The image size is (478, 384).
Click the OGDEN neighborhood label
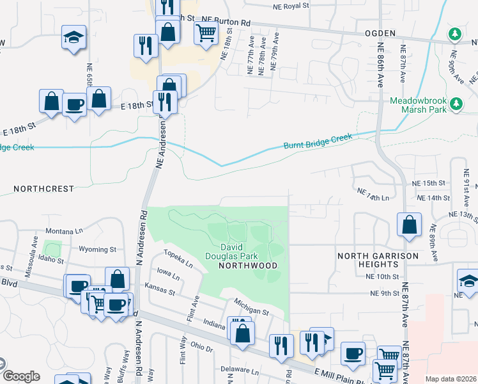coord(380,33)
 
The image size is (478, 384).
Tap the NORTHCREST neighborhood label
coord(43,189)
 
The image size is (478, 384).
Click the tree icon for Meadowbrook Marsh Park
coord(456,103)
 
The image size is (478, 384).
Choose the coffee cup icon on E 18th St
coord(73,104)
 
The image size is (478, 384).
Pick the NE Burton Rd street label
coord(226,22)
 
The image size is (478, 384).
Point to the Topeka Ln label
coord(178,259)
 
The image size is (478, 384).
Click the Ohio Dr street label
coord(201,348)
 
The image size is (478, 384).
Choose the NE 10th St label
coord(383,276)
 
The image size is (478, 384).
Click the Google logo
coord(21,376)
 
